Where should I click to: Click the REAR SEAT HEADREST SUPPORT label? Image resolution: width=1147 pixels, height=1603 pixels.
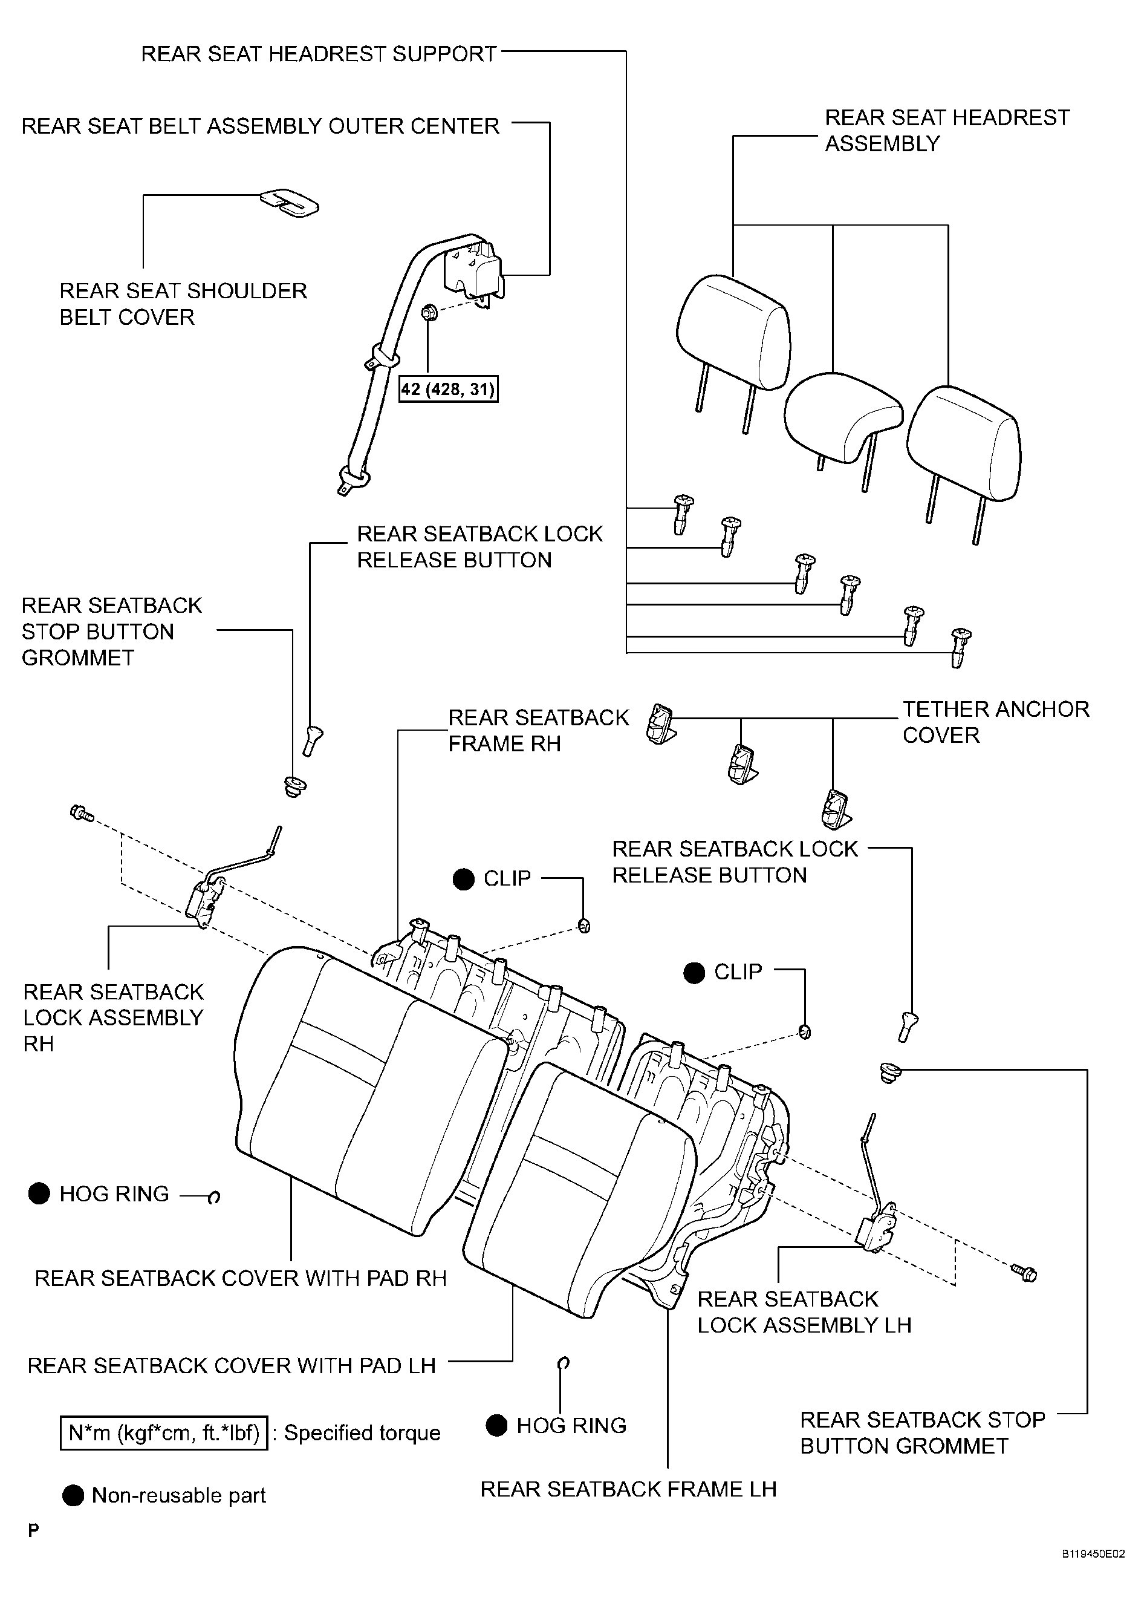pos(319,54)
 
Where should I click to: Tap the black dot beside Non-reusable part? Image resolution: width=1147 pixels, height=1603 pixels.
pos(73,1495)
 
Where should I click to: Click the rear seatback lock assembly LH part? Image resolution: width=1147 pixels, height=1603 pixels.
pos(876,1213)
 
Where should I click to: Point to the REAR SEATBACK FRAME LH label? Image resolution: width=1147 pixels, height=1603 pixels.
pos(628,1489)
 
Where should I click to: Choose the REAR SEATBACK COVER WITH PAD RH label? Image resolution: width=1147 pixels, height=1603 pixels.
pos(240,1278)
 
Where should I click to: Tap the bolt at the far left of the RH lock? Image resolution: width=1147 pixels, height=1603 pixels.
pos(82,813)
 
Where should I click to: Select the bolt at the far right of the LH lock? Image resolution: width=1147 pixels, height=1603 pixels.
pos(1024,1272)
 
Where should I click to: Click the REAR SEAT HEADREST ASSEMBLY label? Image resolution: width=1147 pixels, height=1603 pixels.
pos(947,130)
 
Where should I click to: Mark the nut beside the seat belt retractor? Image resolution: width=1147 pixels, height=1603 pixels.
pos(427,312)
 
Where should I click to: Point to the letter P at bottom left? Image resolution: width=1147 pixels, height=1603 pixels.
pos(33,1530)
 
